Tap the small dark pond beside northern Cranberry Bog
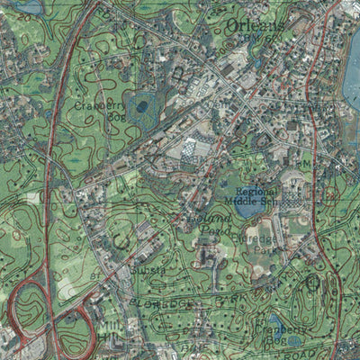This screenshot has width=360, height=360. point(142,107)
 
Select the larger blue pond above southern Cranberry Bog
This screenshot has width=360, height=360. point(275,319)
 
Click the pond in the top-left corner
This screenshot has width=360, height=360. point(27,6)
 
